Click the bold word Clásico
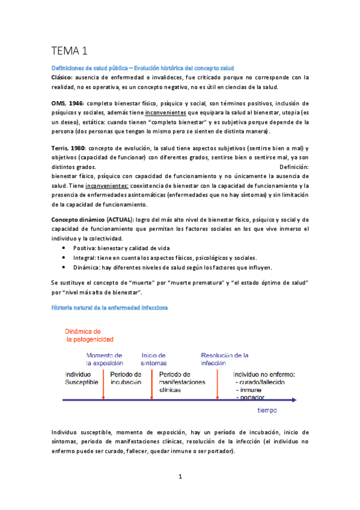(x=62, y=77)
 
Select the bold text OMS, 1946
(x=67, y=103)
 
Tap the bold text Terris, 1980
(x=69, y=148)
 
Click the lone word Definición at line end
(x=294, y=166)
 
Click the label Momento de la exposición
(x=105, y=359)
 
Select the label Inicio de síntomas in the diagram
(x=154, y=359)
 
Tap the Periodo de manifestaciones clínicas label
(x=181, y=382)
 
